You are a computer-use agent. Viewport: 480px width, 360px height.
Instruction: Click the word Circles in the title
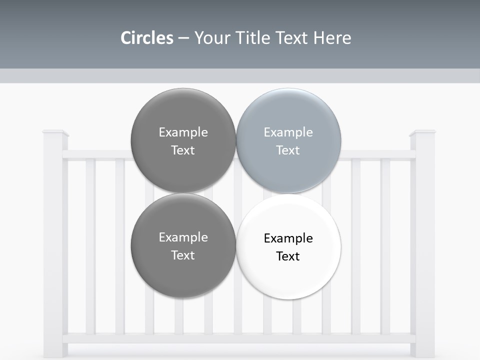[x=146, y=38]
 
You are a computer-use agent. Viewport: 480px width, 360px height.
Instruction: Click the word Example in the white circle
[x=288, y=238]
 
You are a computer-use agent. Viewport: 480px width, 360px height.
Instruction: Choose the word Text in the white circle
[x=288, y=256]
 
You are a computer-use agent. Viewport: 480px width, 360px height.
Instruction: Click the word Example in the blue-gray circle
[x=288, y=132]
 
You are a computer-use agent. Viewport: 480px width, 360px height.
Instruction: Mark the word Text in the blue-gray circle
[x=288, y=150]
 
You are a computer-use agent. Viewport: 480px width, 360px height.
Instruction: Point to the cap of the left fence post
[x=55, y=133]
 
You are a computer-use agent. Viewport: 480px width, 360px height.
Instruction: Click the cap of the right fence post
[x=422, y=133]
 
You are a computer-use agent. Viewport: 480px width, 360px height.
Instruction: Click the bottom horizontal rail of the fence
[x=240, y=338]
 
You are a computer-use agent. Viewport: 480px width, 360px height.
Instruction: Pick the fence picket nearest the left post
[x=90, y=245]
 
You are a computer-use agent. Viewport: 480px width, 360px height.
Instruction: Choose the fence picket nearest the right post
[x=385, y=245]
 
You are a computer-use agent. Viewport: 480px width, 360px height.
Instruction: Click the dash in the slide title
[x=183, y=38]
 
